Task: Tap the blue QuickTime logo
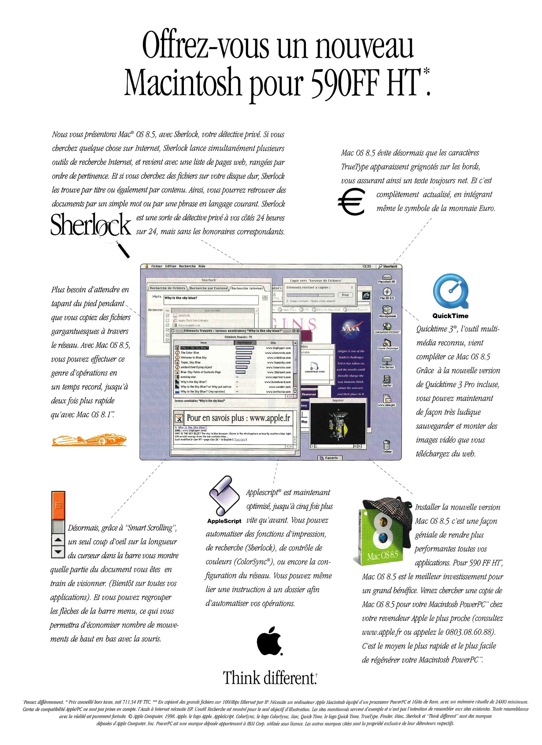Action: [x=451, y=292]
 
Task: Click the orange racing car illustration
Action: [x=89, y=440]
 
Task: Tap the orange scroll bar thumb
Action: [x=58, y=505]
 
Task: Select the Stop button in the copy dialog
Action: [x=345, y=295]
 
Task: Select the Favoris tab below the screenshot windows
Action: [x=329, y=458]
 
